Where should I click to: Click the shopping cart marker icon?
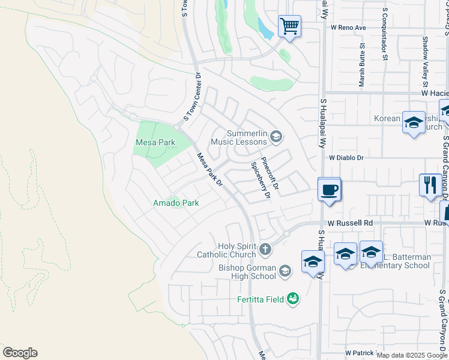pos(290,26)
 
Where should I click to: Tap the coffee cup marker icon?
pos(329,190)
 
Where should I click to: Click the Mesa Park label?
pos(155,143)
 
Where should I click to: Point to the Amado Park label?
pos(175,203)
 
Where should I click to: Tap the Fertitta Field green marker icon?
pos(293,298)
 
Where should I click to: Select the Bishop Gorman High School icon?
pos(285,272)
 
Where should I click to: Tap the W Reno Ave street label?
pos(344,28)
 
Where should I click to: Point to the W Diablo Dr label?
pos(346,157)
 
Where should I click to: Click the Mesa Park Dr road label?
pos(210,169)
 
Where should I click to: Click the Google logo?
pos(20,353)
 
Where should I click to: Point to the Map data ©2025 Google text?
pos(412,355)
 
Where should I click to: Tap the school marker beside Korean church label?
pos(414,123)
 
